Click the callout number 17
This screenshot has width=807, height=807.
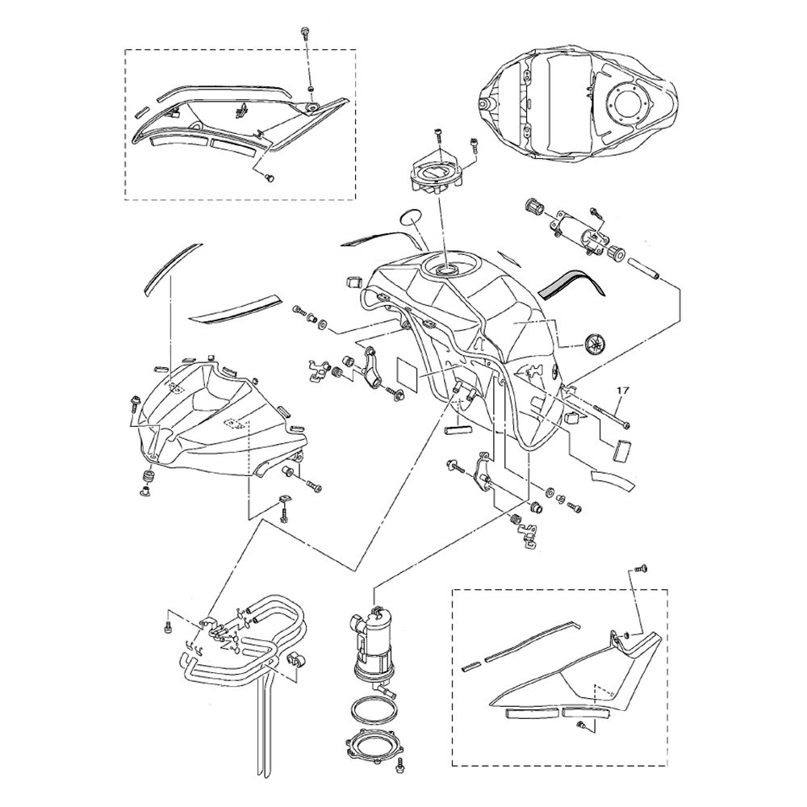[x=621, y=391]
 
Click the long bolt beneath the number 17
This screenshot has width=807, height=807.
[x=611, y=416]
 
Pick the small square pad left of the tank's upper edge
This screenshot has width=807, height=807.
[x=353, y=282]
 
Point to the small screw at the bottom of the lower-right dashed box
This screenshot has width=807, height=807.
[x=582, y=727]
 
